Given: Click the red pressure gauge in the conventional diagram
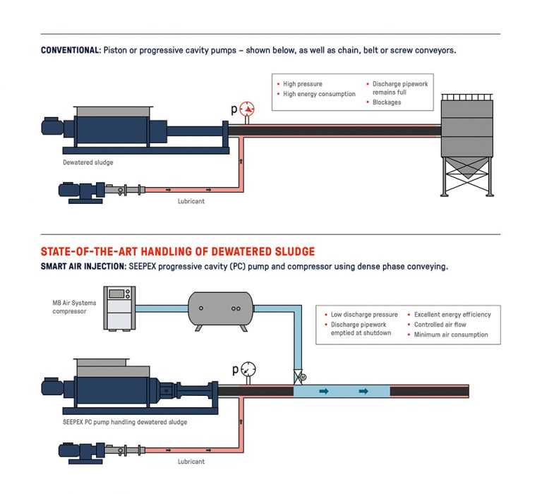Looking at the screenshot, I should [246, 109].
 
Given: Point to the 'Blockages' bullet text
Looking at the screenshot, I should [386, 102].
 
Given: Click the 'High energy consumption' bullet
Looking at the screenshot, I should [319, 94].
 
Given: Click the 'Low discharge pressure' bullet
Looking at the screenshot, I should [364, 315].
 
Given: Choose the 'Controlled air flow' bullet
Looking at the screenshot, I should [440, 325].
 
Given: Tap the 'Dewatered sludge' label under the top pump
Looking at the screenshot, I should [88, 162].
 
